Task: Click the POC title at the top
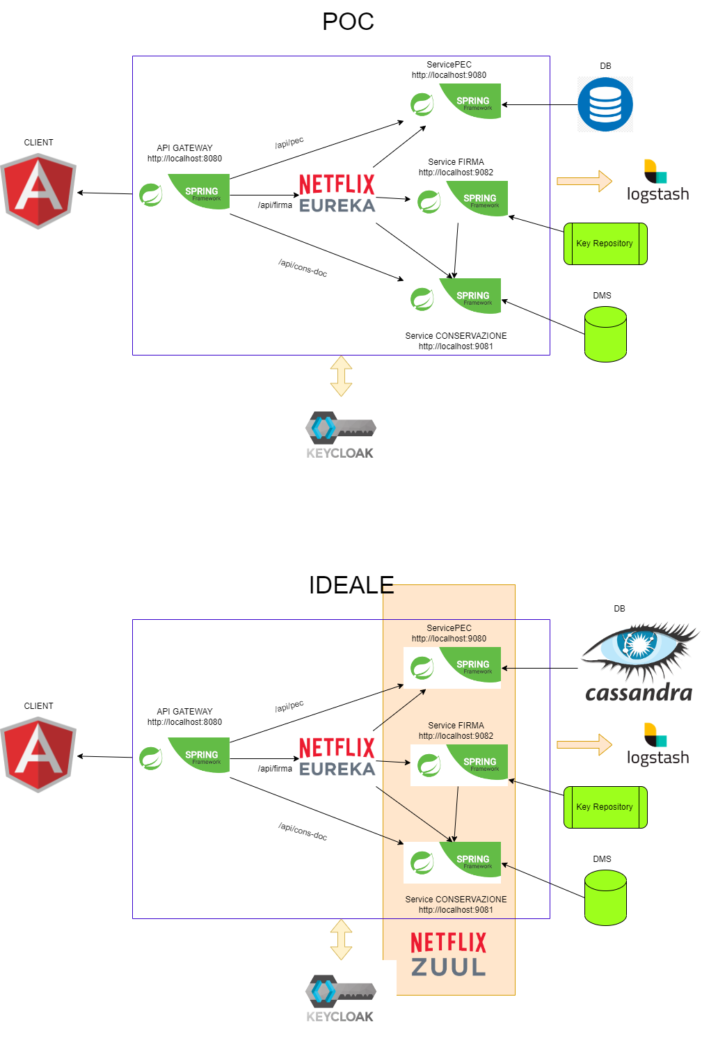[x=348, y=22]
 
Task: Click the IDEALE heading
[x=351, y=585]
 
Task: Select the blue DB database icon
[x=605, y=105]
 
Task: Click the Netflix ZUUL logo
[x=449, y=955]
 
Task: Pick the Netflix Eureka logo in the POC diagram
[x=337, y=194]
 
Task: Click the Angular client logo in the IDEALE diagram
[x=38, y=756]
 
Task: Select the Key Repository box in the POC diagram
[x=605, y=243]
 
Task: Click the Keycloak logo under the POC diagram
[x=340, y=436]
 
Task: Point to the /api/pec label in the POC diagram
[x=289, y=143]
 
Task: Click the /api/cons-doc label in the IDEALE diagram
[x=303, y=831]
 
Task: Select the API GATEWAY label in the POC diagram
[x=184, y=148]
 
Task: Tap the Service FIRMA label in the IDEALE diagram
[x=456, y=726]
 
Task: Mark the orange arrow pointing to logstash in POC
[x=584, y=181]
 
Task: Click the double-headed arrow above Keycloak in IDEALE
[x=341, y=939]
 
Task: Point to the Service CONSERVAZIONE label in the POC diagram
[x=456, y=336]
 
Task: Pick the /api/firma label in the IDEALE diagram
[x=275, y=769]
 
